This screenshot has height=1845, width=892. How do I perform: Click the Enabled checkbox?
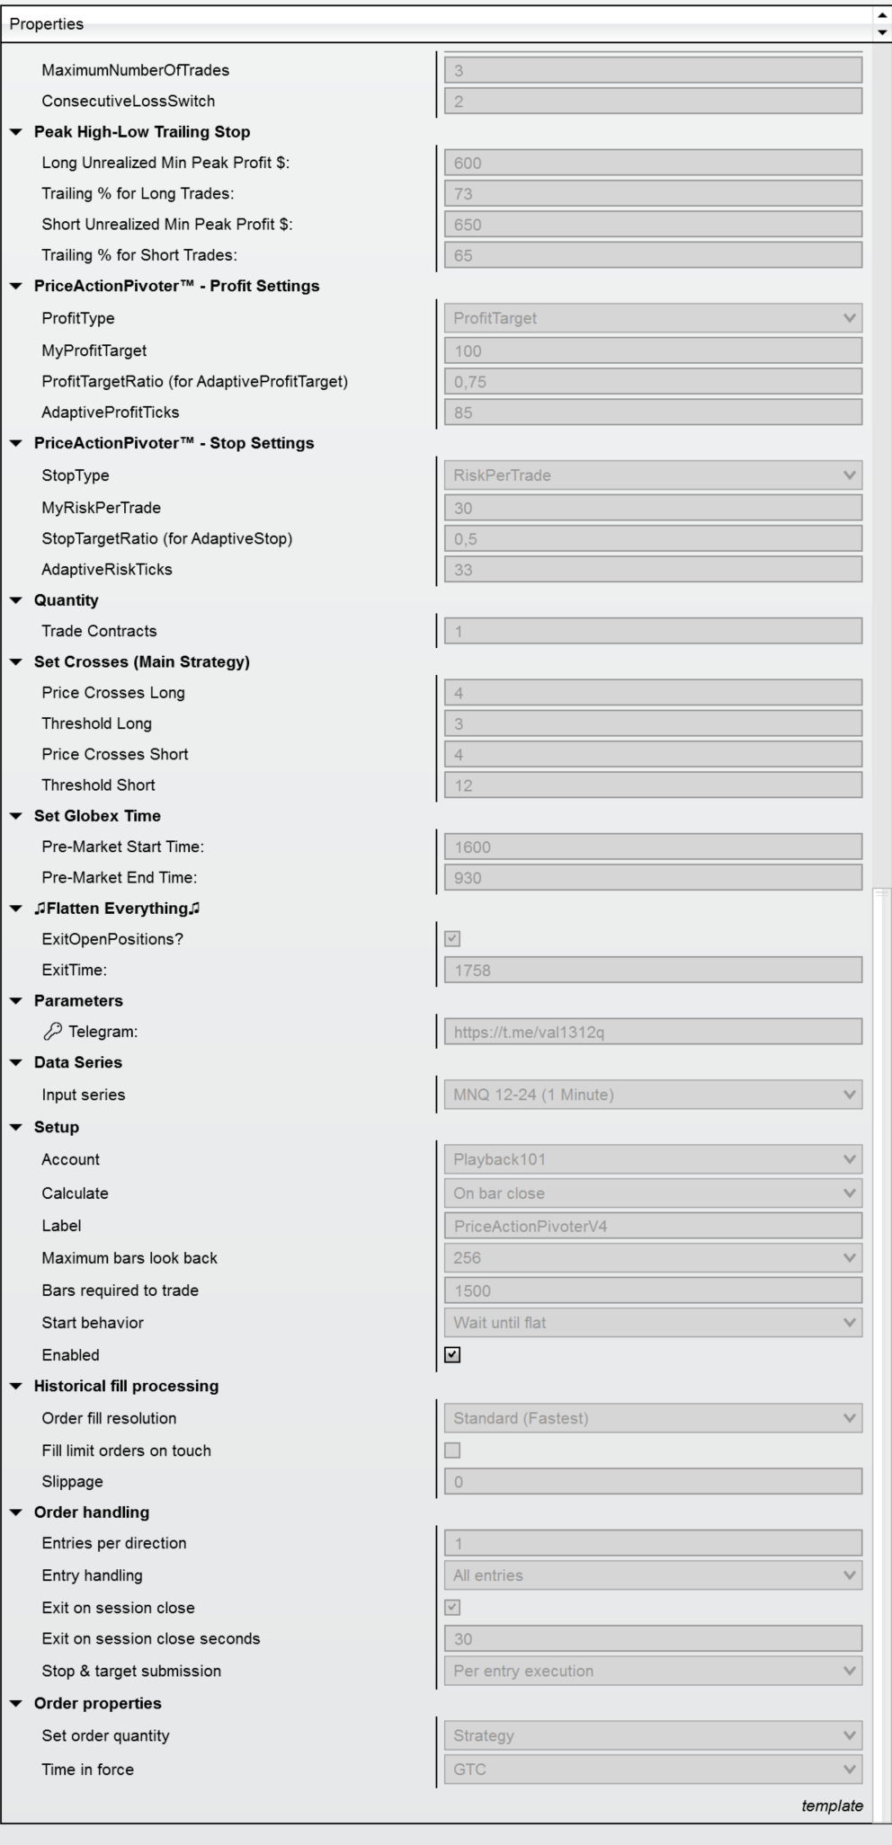point(452,1354)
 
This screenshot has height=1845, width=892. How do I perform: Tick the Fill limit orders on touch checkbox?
point(452,1450)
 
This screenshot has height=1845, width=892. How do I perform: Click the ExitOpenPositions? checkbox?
point(452,938)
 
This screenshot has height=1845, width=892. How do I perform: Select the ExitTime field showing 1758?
point(652,970)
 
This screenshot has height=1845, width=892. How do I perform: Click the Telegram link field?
point(652,1032)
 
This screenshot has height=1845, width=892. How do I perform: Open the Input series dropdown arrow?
point(849,1095)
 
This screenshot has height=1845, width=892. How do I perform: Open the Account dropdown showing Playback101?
point(652,1159)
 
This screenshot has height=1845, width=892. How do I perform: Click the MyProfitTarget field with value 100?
point(652,350)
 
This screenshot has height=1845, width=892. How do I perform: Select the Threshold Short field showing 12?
point(652,785)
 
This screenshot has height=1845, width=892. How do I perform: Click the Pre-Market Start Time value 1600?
point(652,847)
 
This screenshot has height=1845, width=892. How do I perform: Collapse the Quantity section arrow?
point(15,600)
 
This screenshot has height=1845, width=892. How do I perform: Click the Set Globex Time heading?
point(97,816)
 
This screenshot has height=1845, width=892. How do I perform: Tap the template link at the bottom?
point(832,1805)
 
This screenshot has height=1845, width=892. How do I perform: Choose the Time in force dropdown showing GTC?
point(652,1769)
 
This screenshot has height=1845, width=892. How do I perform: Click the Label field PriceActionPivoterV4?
point(652,1225)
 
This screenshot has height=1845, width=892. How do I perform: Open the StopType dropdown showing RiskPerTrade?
point(652,475)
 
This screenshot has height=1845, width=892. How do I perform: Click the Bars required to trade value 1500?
point(652,1291)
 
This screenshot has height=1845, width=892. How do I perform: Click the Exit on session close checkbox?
point(452,1607)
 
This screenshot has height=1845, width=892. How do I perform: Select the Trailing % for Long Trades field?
point(652,193)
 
